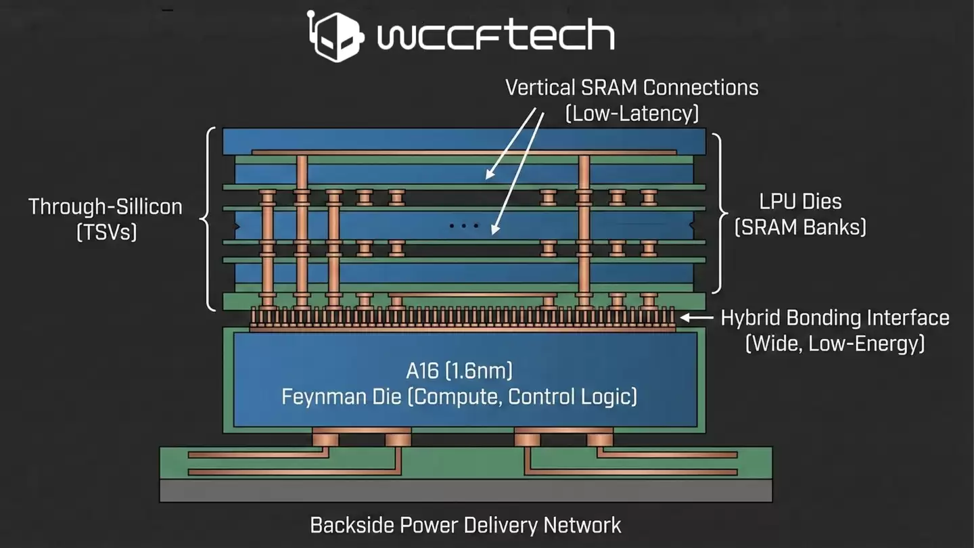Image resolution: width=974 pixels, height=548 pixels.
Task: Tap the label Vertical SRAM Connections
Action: click(x=632, y=87)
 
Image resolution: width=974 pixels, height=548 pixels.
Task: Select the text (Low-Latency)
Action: click(x=632, y=112)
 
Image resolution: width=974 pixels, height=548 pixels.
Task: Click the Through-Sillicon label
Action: click(x=106, y=206)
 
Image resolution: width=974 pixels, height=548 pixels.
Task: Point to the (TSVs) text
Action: click(x=106, y=232)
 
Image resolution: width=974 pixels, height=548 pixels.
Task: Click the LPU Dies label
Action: click(x=800, y=201)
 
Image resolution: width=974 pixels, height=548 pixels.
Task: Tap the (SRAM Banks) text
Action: click(x=800, y=227)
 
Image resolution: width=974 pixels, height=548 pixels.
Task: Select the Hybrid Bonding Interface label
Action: click(x=835, y=317)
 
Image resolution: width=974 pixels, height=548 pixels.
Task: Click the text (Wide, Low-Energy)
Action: click(x=835, y=343)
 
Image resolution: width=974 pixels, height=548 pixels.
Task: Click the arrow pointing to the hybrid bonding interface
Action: click(x=696, y=317)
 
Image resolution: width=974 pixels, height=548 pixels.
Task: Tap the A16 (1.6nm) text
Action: click(x=459, y=370)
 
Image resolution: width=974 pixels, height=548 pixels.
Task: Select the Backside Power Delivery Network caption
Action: click(x=465, y=524)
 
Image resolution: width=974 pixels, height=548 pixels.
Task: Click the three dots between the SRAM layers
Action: click(x=464, y=225)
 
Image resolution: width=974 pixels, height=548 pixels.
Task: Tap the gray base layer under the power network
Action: click(x=465, y=490)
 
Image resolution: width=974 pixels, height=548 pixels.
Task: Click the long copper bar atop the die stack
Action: click(x=464, y=152)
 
